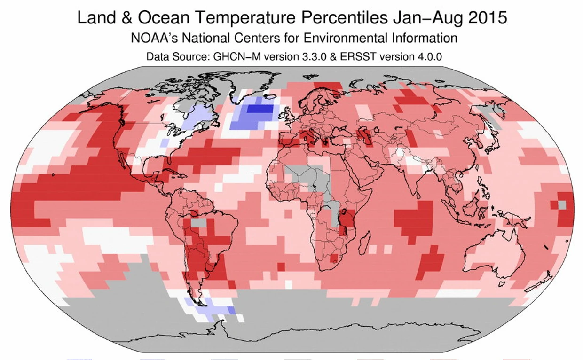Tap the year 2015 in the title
(486, 18)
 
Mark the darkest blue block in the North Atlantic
(260, 109)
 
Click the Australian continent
(494, 254)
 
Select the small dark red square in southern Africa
(334, 258)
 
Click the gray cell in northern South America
(200, 221)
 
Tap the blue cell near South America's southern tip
(231, 310)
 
